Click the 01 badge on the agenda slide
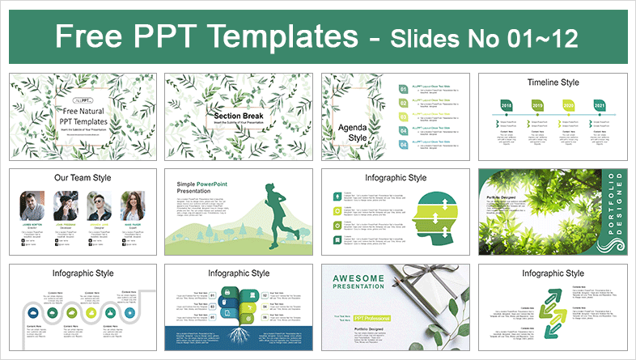coord(403,90)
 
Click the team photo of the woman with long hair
coord(132,205)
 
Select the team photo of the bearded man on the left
coord(32,205)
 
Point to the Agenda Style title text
coord(352,131)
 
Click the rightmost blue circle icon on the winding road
coord(129,311)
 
